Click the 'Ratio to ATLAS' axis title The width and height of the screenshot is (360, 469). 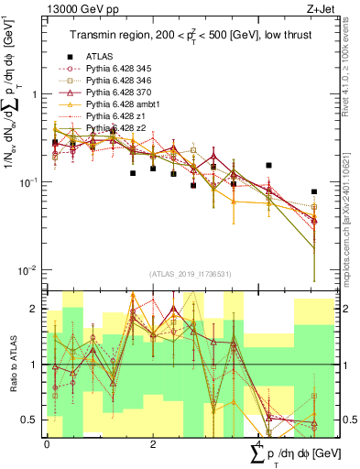[12, 364]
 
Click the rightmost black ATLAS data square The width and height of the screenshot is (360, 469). [314, 192]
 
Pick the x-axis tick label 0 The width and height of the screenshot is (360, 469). [47, 444]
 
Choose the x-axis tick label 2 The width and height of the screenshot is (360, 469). [152, 444]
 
